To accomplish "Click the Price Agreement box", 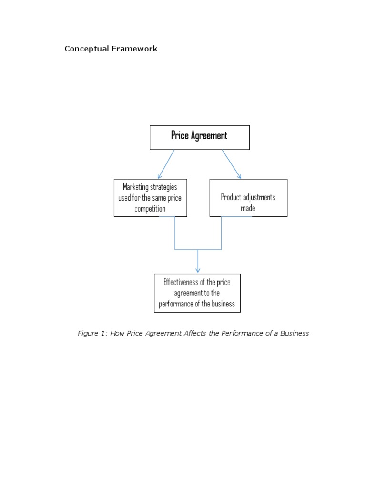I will click(x=200, y=137).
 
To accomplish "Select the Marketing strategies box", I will click(x=150, y=198).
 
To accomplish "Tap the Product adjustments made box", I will click(x=248, y=198).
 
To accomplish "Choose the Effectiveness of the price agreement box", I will click(x=197, y=293).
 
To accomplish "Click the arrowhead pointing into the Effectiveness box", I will click(x=198, y=270).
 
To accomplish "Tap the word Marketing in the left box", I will click(x=136, y=187).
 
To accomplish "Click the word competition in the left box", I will click(x=150, y=209).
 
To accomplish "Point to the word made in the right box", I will click(x=248, y=208).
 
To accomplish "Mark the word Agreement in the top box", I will click(x=209, y=136).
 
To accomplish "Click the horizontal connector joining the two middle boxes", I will click(x=198, y=249).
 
